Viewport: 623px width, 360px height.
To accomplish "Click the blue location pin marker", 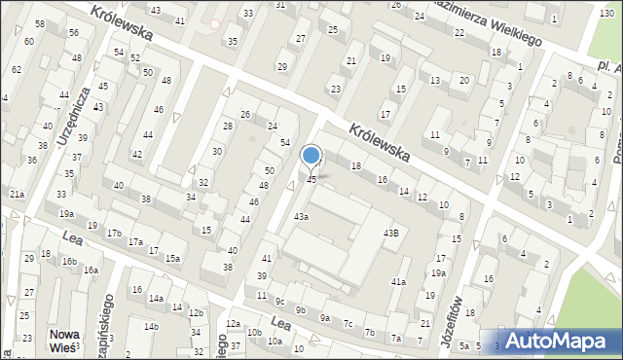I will click(311, 156).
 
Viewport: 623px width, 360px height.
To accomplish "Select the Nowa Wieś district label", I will click(66, 342).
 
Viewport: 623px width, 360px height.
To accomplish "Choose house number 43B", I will click(390, 233).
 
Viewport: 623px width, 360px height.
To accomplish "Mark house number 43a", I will click(302, 216).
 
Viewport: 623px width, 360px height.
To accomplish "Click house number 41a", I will click(398, 281).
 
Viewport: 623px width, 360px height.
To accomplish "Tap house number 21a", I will click(17, 195).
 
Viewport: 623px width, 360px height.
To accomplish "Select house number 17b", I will click(114, 234).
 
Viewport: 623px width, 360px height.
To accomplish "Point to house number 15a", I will click(172, 258).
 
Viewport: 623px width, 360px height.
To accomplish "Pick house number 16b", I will click(69, 261).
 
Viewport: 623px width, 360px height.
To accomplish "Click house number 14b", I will click(152, 326).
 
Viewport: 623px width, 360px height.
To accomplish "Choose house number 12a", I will click(233, 323).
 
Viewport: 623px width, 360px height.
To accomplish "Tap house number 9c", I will click(278, 301).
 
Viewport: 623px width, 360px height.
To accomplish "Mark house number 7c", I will click(348, 325).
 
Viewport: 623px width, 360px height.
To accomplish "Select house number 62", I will click(17, 70).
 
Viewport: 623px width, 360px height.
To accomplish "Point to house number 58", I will click(40, 23).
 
